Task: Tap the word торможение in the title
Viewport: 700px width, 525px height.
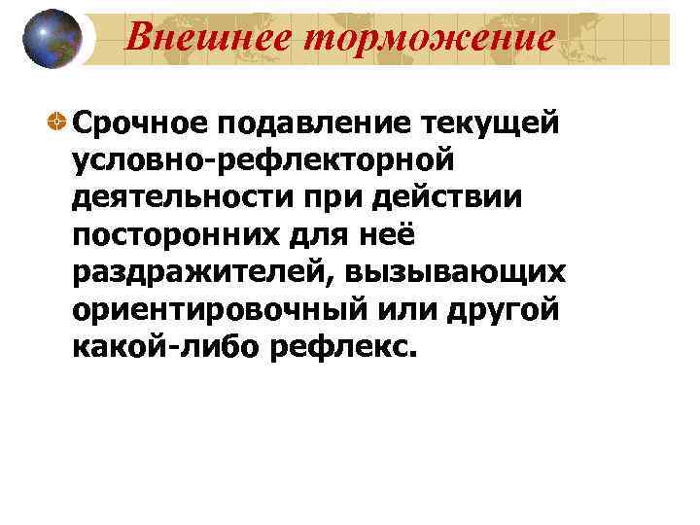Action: [x=422, y=36]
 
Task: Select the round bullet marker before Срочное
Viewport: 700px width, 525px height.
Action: [x=59, y=122]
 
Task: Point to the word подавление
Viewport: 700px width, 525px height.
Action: [x=318, y=123]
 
